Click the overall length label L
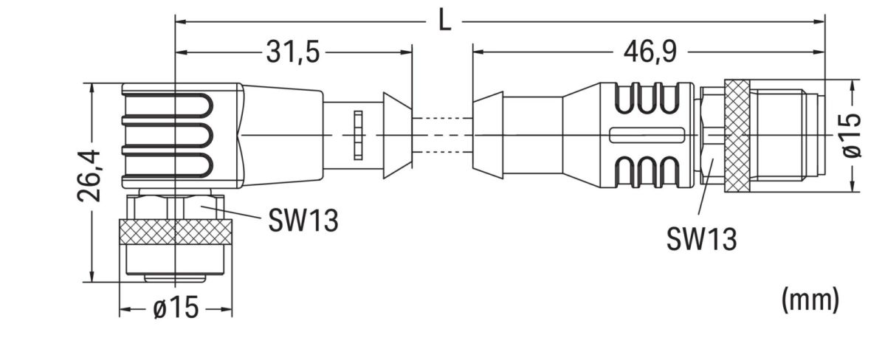tap(444, 20)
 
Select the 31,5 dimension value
tap(293, 52)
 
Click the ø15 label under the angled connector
tap(176, 309)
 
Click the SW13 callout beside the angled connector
tap(303, 220)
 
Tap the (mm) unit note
tap(810, 299)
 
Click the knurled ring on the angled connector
tap(176, 232)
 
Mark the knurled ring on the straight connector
tap(736, 136)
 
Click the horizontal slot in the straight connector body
tap(643, 136)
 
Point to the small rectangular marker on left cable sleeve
tap(358, 135)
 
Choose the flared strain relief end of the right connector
tap(487, 136)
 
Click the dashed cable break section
tap(441, 136)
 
